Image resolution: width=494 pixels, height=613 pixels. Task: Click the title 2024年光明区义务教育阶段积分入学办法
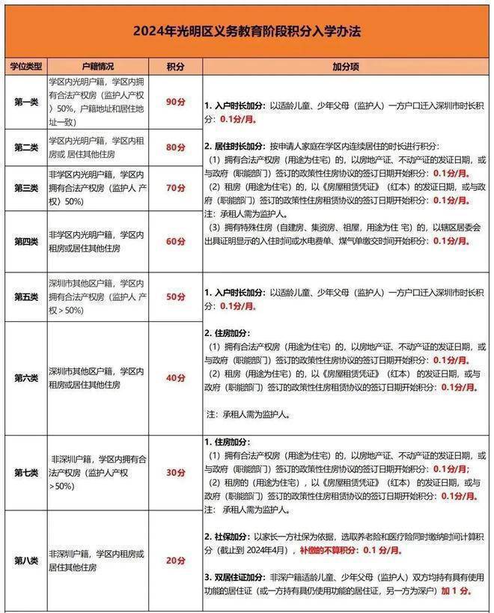pyautogui.click(x=246, y=31)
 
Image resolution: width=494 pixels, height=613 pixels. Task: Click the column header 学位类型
pyautogui.click(x=25, y=67)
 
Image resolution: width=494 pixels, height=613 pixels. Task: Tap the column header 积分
pyautogui.click(x=175, y=67)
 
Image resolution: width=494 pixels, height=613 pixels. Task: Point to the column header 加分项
pyautogui.click(x=346, y=67)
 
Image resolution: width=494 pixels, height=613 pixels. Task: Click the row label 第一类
pyautogui.click(x=25, y=100)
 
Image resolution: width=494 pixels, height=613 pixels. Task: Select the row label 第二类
pyautogui.click(x=25, y=147)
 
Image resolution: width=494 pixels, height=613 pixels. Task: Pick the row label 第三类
pyautogui.click(x=25, y=188)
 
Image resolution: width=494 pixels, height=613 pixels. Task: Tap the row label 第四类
pyautogui.click(x=25, y=241)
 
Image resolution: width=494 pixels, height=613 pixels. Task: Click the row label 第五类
pyautogui.click(x=25, y=297)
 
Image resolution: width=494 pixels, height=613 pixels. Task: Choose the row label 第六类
pyautogui.click(x=25, y=377)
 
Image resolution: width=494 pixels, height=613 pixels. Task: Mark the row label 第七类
pyautogui.click(x=25, y=472)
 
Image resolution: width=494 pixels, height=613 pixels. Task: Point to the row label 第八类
pyautogui.click(x=25, y=561)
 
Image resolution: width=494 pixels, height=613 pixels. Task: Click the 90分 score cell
pyautogui.click(x=175, y=100)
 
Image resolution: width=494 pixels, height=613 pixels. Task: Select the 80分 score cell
pyautogui.click(x=175, y=147)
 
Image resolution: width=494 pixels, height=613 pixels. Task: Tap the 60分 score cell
pyautogui.click(x=175, y=241)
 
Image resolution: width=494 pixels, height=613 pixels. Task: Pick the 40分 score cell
pyautogui.click(x=175, y=377)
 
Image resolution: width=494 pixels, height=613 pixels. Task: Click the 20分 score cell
pyautogui.click(x=175, y=561)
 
